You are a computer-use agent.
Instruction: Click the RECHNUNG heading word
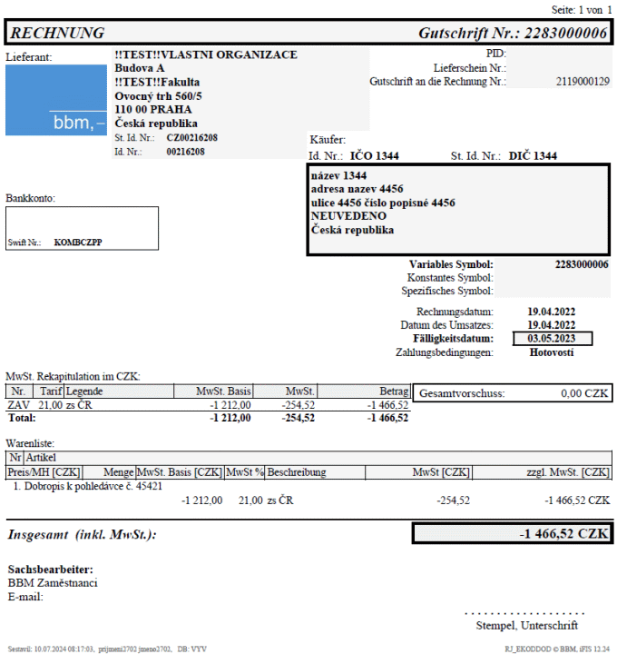point(56,34)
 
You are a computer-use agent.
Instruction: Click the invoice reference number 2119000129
point(583,82)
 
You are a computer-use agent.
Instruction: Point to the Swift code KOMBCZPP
point(78,243)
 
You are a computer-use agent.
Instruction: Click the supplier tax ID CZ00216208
point(192,138)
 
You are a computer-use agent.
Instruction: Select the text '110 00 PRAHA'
point(153,109)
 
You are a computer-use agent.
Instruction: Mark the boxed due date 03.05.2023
point(553,339)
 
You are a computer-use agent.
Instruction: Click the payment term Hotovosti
point(553,352)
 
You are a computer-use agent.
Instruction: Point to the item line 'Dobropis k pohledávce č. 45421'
point(88,486)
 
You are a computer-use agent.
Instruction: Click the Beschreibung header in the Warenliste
point(297,472)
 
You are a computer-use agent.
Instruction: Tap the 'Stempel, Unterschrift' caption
point(526,626)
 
